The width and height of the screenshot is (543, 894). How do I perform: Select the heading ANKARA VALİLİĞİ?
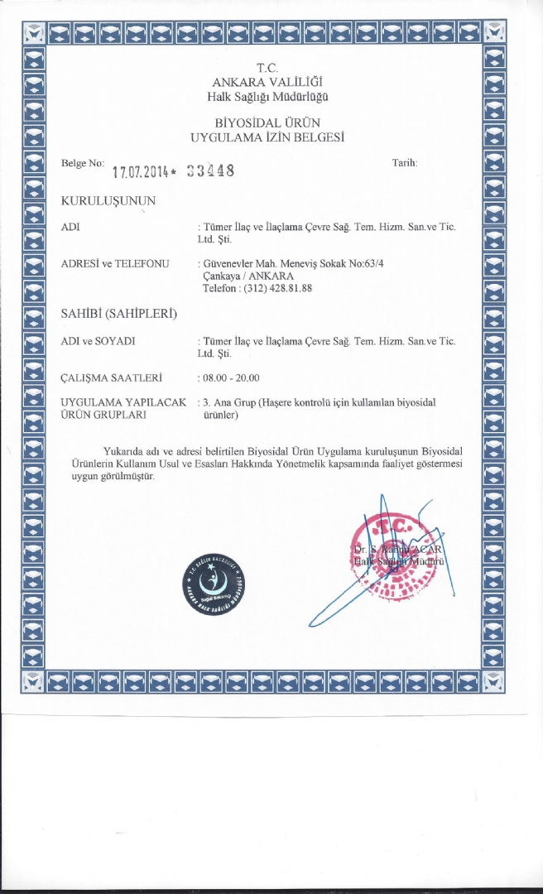pos(267,82)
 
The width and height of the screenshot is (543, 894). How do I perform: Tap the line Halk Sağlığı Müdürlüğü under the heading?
pos(268,96)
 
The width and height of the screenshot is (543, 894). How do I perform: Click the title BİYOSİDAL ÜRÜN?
pos(267,123)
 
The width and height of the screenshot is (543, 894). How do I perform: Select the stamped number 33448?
pos(211,171)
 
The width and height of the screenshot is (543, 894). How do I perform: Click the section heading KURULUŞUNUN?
pos(108,200)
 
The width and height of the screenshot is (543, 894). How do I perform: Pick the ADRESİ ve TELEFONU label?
pos(115,263)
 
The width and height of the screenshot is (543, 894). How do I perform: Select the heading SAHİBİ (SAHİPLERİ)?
pos(120,314)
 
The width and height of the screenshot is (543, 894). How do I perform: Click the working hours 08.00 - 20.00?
pos(232,377)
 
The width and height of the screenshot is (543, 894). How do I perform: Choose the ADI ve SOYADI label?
pos(99,340)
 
